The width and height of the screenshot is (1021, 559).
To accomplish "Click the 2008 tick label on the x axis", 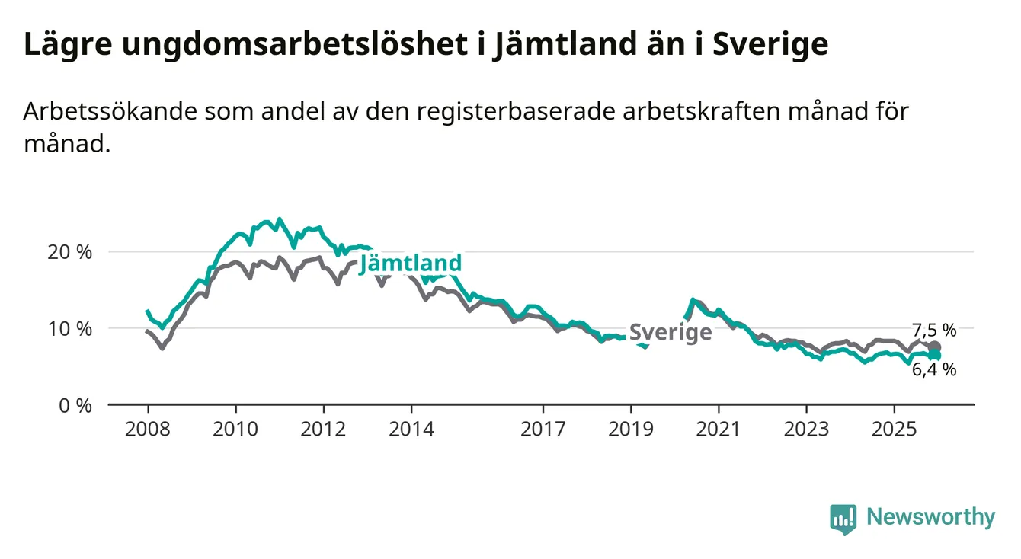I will (147, 429).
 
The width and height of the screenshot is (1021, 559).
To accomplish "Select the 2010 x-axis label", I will (235, 429).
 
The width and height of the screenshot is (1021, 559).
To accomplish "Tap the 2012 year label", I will (324, 429).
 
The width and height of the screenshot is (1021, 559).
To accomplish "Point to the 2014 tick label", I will (411, 429).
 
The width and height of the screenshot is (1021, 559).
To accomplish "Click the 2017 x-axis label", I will (543, 429).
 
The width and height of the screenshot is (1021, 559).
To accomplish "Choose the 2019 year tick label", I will (631, 429).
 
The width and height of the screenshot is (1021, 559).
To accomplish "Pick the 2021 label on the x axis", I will (719, 429).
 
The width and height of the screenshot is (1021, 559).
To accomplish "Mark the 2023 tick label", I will (807, 429).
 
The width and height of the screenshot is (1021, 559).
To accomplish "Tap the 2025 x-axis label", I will (895, 429).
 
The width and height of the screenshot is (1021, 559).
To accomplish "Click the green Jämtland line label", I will (411, 264).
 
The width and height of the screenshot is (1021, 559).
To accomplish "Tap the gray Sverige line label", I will (671, 332).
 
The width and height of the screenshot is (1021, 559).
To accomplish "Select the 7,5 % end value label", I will (934, 330).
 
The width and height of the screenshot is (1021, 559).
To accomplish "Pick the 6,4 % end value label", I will (934, 370).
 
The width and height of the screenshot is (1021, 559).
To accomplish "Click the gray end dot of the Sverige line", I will (935, 347).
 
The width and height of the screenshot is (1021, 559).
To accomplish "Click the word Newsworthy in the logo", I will (930, 518).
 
